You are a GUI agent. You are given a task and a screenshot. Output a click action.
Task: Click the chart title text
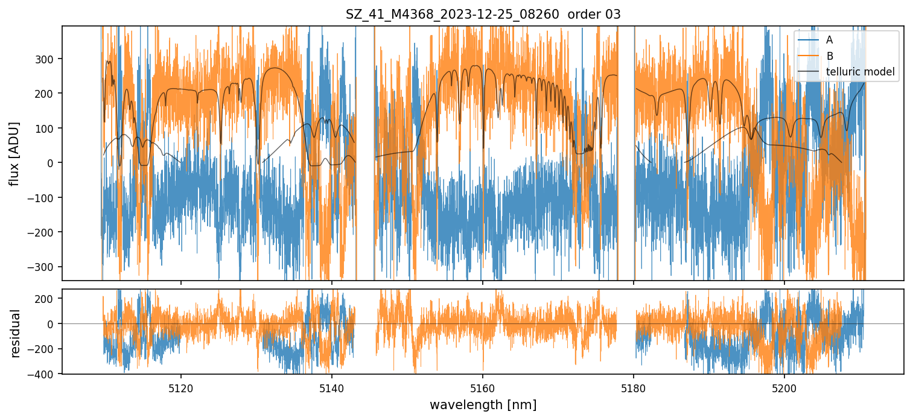click(x=483, y=14)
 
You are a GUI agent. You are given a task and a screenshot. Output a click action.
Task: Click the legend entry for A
click(x=829, y=40)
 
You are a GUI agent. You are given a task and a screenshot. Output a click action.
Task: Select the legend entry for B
click(x=829, y=56)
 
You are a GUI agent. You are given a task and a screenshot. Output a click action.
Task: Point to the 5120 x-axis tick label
click(x=181, y=389)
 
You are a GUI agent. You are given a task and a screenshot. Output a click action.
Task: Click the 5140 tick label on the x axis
click(x=332, y=389)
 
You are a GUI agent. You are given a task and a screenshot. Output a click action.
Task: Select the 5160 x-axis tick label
click(x=483, y=389)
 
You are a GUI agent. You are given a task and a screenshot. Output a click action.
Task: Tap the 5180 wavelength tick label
click(x=633, y=389)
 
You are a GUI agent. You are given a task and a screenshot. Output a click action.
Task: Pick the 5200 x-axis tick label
click(x=784, y=389)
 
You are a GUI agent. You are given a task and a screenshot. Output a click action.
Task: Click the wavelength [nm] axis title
click(x=483, y=404)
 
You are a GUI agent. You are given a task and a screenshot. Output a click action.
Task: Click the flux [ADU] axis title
click(x=14, y=153)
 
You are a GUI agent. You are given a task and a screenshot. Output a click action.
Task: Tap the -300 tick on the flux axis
click(x=45, y=267)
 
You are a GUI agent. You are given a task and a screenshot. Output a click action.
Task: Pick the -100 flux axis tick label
click(x=45, y=198)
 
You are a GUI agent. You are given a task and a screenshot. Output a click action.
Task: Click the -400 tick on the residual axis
click(x=45, y=374)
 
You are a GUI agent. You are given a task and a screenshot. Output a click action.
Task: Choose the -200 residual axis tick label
click(x=45, y=349)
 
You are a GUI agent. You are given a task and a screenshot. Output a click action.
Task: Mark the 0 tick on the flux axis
click(x=52, y=163)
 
